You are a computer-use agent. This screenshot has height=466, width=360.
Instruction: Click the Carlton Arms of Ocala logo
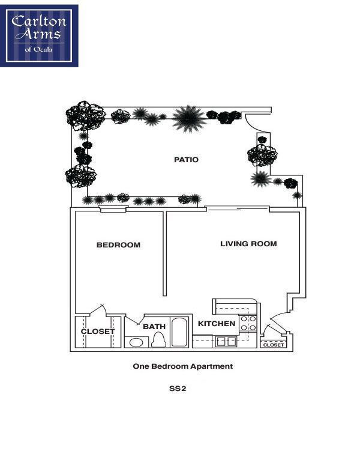point(39,35)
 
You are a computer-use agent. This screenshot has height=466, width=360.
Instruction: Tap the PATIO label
point(186,160)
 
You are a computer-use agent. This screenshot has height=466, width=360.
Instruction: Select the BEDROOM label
point(118,245)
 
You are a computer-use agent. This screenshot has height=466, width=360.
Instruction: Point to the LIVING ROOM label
point(248,244)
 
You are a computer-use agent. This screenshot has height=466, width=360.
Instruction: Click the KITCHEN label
point(217,324)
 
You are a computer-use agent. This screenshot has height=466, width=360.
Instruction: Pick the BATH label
point(154,327)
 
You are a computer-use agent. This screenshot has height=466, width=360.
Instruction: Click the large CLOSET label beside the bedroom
point(98,331)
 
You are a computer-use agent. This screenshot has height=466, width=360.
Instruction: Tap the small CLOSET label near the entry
point(274,345)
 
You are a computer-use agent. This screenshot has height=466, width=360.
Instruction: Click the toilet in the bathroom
point(158,340)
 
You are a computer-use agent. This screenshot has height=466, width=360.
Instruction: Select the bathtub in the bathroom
point(179,332)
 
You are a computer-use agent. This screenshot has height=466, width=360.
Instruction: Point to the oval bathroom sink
point(137,342)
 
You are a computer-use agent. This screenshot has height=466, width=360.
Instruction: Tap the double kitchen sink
point(226,342)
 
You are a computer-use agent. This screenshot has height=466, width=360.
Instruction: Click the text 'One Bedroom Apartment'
point(182,366)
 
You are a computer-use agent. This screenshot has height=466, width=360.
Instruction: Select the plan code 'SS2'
point(178,389)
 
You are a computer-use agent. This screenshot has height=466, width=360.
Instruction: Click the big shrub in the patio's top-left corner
point(85,115)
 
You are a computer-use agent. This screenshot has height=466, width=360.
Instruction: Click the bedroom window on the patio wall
point(113,210)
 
